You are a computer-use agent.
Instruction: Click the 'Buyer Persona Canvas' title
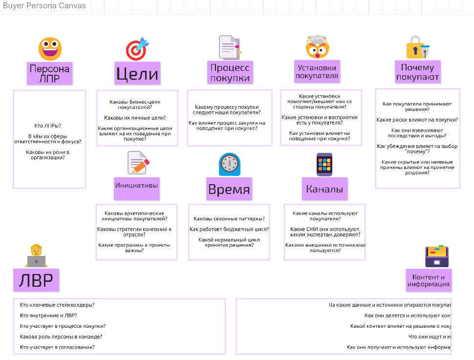tap(44, 6)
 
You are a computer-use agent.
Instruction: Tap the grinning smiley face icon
tap(50, 49)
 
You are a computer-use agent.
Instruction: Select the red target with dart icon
tap(137, 49)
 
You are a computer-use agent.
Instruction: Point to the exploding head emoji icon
tap(318, 47)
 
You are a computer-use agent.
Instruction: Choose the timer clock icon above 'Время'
tap(229, 165)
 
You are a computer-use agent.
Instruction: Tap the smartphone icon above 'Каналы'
tap(324, 165)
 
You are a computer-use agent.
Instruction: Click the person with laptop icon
tap(36, 256)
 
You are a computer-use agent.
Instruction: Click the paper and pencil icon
tap(138, 163)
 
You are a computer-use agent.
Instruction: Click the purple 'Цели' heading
tap(137, 74)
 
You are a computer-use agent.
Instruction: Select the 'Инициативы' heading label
tap(137, 185)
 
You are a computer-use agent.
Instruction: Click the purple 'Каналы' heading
tap(324, 189)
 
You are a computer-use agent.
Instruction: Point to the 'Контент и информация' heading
tap(428, 280)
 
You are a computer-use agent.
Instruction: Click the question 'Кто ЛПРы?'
tap(49, 126)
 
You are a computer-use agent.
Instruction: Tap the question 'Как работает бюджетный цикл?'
tap(229, 229)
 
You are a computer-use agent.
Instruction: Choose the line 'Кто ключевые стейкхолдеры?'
tap(57, 305)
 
